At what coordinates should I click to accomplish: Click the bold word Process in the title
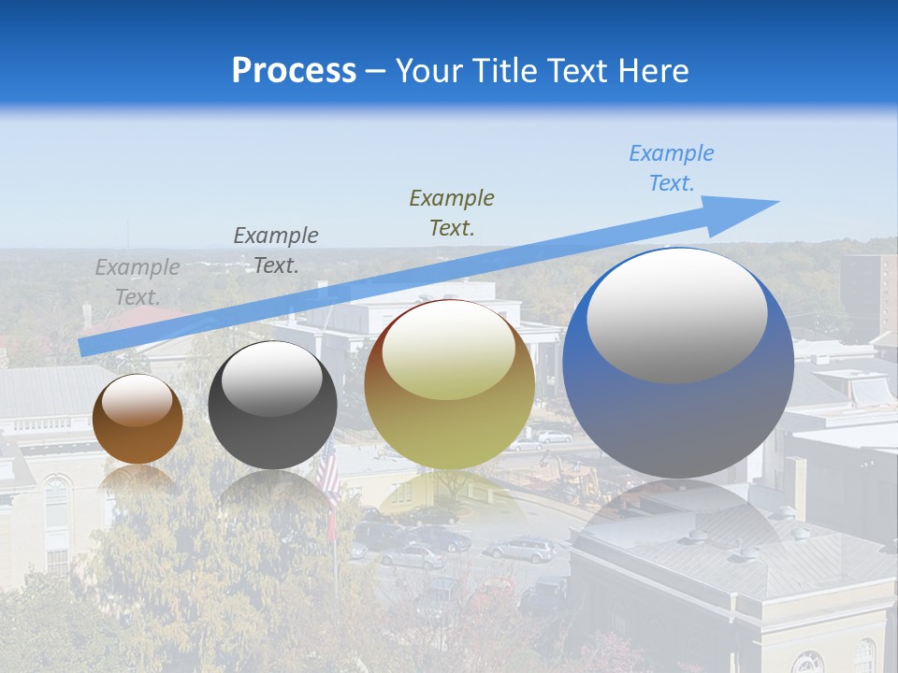pyautogui.click(x=294, y=71)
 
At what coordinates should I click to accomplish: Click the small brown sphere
pyautogui.click(x=138, y=419)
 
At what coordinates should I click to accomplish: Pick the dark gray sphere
pyautogui.click(x=272, y=406)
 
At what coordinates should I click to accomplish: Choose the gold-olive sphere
pyautogui.click(x=449, y=384)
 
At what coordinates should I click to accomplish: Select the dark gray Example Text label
pyautogui.click(x=276, y=251)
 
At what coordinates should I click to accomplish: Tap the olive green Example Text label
pyautogui.click(x=452, y=212)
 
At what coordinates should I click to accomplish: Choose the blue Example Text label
pyautogui.click(x=672, y=168)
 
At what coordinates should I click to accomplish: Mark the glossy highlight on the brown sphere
pyautogui.click(x=138, y=399)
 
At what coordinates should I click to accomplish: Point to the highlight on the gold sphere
pyautogui.click(x=448, y=348)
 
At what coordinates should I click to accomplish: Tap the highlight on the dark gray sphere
pyautogui.click(x=271, y=376)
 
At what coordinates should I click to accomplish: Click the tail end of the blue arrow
pyautogui.click(x=82, y=347)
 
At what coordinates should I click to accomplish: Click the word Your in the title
pyautogui.click(x=428, y=71)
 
